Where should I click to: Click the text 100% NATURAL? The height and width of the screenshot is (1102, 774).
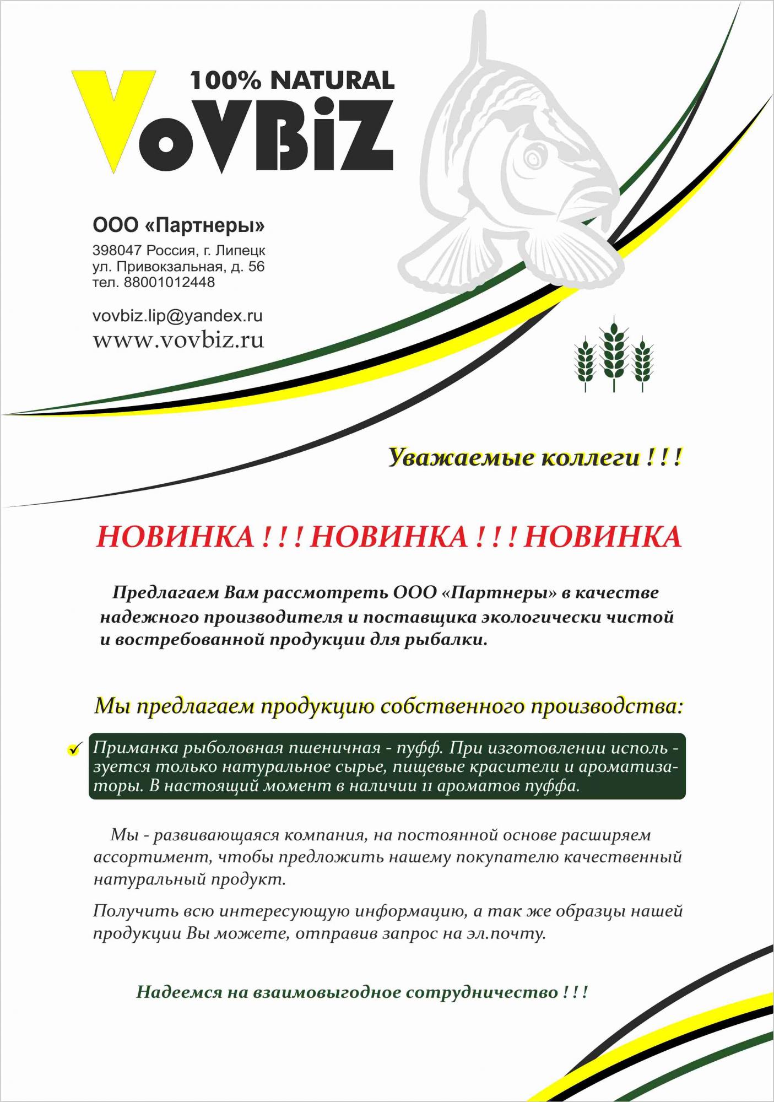click(x=292, y=80)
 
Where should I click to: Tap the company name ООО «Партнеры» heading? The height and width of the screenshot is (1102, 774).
click(x=178, y=225)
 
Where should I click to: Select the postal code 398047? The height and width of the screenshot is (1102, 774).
click(x=117, y=251)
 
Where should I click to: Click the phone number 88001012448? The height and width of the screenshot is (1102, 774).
click(x=169, y=283)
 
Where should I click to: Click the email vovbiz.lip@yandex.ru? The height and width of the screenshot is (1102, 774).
click(x=177, y=316)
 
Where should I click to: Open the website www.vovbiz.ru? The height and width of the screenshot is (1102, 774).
click(x=178, y=339)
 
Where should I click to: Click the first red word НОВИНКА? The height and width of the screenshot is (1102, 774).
click(x=175, y=537)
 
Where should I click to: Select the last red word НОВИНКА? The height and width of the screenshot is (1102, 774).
click(x=603, y=537)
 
